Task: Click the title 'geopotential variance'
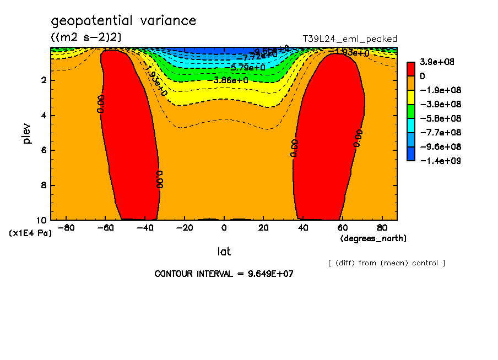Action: [123, 21]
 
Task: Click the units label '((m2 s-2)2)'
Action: [86, 37]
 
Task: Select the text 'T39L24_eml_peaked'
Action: [350, 39]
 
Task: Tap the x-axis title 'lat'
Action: [224, 252]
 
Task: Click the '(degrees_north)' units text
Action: [373, 238]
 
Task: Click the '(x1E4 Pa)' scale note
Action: [30, 233]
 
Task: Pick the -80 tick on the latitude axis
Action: [66, 227]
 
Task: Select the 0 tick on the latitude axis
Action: [224, 227]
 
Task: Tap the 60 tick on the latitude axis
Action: [342, 227]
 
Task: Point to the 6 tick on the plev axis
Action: [42, 150]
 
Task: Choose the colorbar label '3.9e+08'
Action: [434, 62]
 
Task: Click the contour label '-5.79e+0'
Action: [247, 68]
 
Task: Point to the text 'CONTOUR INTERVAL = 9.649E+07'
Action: [224, 274]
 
